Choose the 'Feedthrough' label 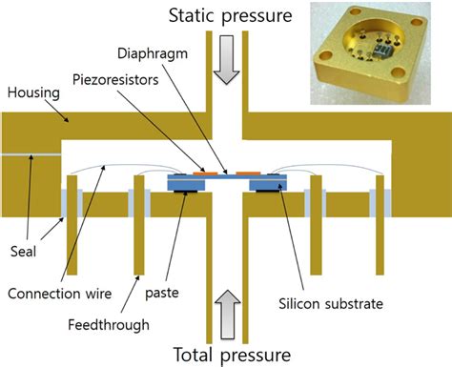[108, 324]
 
